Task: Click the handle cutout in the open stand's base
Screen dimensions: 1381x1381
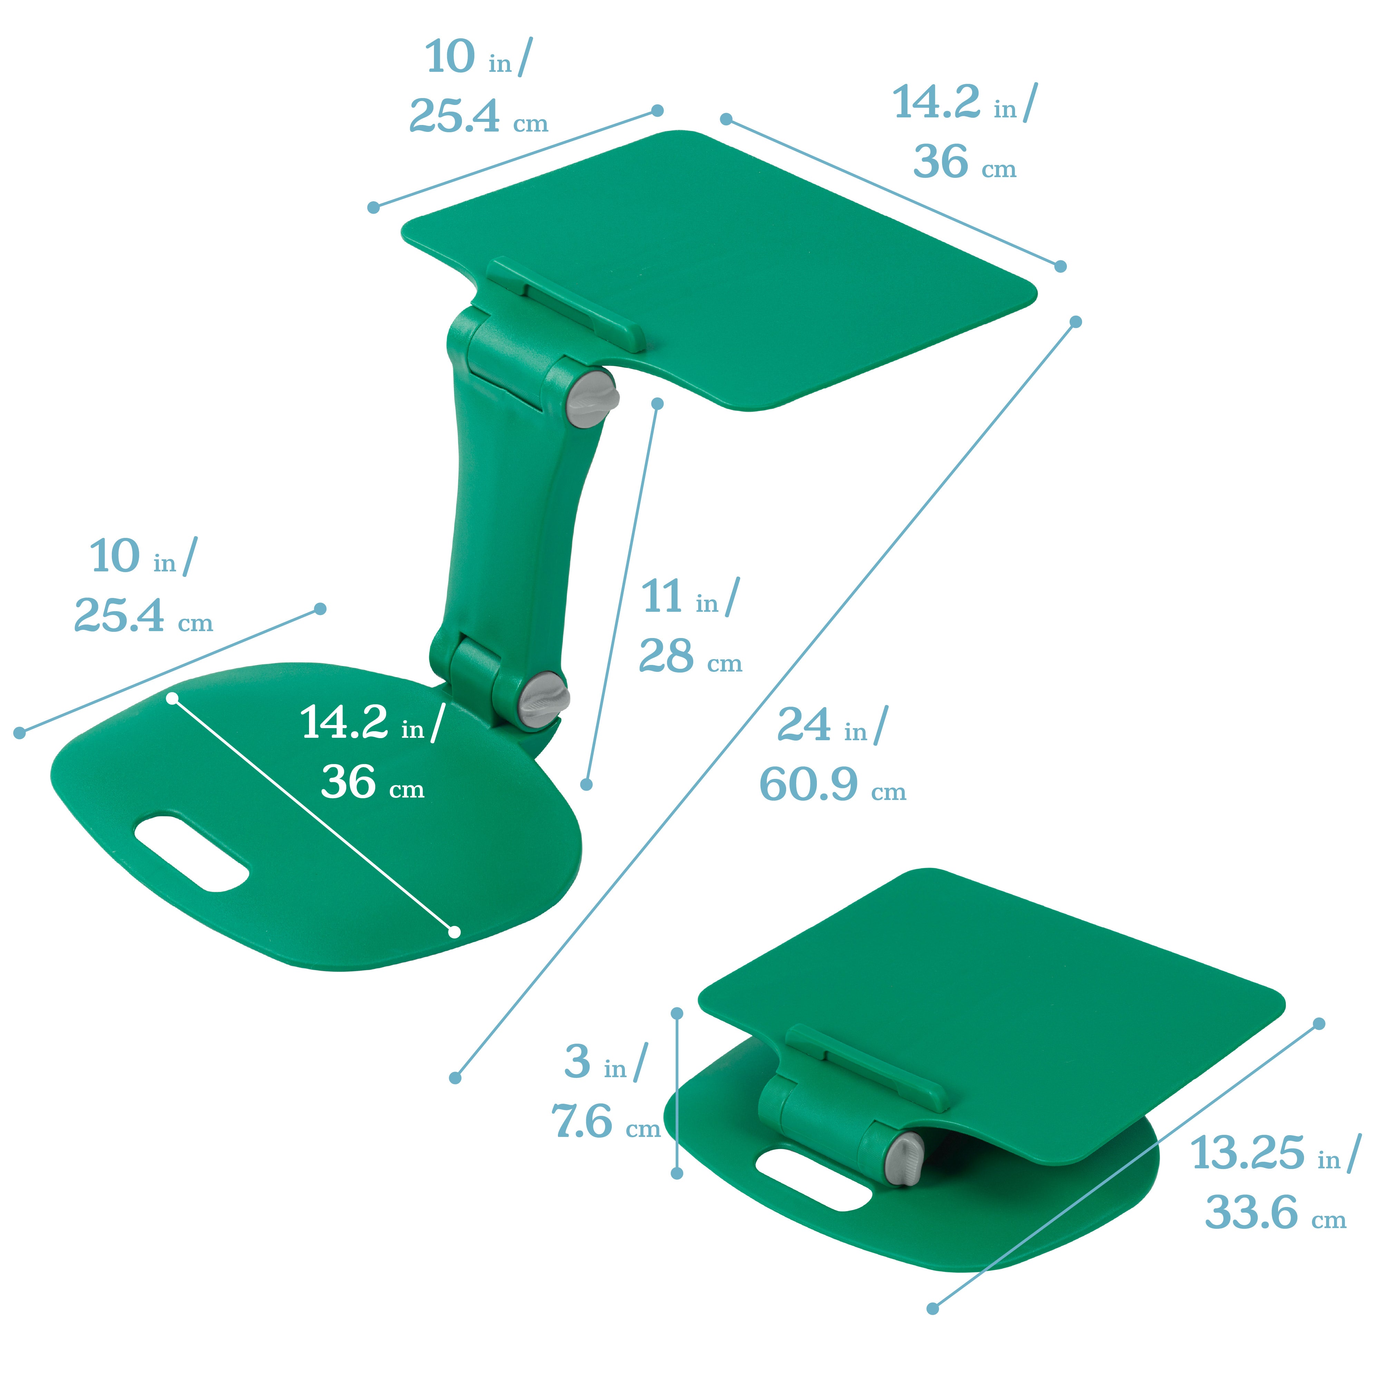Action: pyautogui.click(x=192, y=853)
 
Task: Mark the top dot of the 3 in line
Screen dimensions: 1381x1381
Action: pyautogui.click(x=677, y=1014)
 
